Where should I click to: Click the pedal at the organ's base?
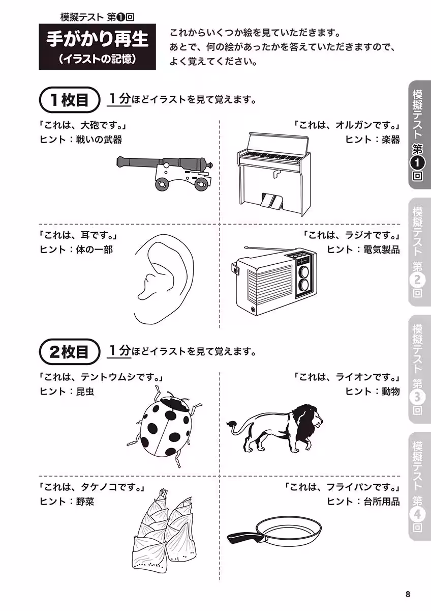coord(270,202)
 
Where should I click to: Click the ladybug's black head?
coord(178,405)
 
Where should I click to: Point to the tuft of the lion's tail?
coord(231,423)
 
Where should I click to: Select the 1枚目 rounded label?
coord(69,100)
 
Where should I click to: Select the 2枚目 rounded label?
coord(69,351)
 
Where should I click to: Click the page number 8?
coord(408,594)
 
